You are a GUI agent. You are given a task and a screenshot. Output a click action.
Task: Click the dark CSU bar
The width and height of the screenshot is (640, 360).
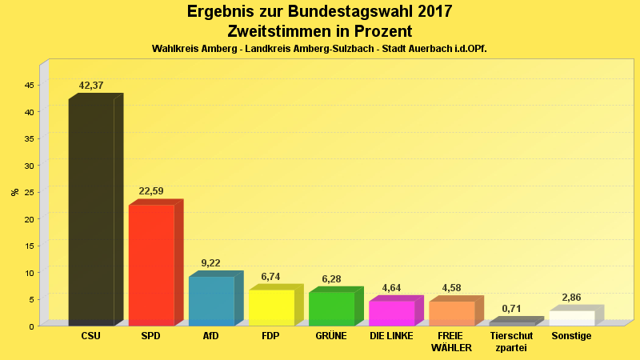point(91,212)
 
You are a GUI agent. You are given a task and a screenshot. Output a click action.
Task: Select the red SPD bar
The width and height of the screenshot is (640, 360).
point(151,265)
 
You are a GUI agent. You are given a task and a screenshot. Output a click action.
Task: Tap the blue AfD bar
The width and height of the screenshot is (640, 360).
point(211,301)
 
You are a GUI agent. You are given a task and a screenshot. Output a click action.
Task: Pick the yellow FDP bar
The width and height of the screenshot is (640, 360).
point(271,307)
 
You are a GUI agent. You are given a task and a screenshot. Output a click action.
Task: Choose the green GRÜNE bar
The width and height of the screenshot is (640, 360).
point(331,308)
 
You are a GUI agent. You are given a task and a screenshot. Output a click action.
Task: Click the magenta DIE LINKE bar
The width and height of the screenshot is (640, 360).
point(391,313)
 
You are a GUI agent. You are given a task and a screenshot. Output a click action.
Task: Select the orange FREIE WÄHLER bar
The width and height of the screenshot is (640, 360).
point(451,313)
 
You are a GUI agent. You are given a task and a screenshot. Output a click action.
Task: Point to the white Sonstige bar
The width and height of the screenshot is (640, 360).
point(571,318)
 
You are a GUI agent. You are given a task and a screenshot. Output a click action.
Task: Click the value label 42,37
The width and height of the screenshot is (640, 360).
point(91,86)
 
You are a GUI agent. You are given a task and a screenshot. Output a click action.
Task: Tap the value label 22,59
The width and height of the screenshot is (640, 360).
point(151,191)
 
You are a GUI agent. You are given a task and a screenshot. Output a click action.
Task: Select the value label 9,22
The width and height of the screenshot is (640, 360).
point(211,262)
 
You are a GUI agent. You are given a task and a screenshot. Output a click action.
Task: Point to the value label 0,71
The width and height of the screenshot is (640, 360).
point(511,309)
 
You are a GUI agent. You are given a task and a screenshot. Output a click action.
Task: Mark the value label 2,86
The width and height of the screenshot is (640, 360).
point(571,298)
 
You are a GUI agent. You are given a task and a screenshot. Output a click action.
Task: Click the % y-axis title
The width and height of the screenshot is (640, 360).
point(14,192)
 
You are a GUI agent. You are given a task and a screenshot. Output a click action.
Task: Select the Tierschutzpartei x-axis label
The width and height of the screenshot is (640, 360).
point(511,342)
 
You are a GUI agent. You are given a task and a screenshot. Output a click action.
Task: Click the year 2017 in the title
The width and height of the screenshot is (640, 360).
point(429,12)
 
